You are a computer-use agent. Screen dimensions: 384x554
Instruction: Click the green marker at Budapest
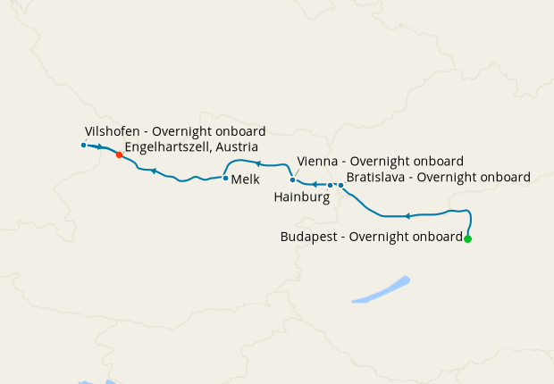coord(467,238)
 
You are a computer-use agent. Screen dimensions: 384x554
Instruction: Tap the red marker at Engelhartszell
coord(119,154)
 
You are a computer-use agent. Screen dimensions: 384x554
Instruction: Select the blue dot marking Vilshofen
coord(83,145)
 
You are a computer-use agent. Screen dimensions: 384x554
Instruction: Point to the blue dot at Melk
coord(225,178)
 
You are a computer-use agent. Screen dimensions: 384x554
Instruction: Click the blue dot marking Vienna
coord(292,179)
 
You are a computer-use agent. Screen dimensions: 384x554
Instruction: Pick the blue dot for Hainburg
coord(331,186)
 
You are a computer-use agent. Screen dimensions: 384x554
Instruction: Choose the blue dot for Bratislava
coord(340,185)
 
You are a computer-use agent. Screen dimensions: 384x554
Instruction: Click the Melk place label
coord(245,179)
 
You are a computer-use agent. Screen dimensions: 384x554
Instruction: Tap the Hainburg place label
coord(303,196)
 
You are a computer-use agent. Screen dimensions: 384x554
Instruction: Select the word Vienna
coord(317,161)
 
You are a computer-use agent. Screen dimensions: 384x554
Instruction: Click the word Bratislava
coord(378,177)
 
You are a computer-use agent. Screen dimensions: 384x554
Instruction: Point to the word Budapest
coord(310,237)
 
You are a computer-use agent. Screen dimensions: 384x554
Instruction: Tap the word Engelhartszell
coord(166,146)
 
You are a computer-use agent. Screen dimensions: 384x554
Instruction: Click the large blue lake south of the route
coord(382,290)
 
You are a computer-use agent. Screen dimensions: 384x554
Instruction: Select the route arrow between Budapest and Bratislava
coord(407,216)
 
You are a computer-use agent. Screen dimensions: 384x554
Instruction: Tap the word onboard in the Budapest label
coord(437,237)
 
